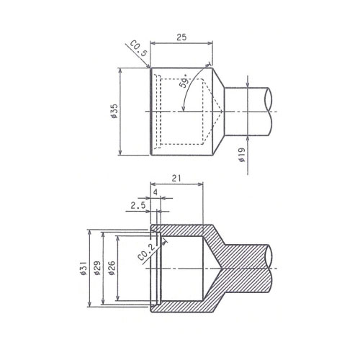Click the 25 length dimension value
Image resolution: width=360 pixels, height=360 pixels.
coord(181,37)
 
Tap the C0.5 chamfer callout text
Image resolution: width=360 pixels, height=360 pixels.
coord(138,48)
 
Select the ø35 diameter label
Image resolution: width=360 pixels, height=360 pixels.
coord(114,111)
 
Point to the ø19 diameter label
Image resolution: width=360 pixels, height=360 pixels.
coord(242,155)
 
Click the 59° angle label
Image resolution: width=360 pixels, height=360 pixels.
coord(185,81)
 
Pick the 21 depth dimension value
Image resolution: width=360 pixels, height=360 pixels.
coord(176,179)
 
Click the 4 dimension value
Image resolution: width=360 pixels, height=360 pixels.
coord(156,192)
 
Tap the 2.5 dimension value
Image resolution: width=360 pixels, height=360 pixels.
coord(138,205)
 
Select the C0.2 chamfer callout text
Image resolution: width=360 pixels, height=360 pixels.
coord(147,253)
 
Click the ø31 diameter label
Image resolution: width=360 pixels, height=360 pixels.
coord(84,268)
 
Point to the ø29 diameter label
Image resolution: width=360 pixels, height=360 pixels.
coord(97,268)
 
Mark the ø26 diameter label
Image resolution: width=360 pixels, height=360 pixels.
coord(112,268)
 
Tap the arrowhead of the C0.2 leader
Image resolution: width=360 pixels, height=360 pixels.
coord(165,242)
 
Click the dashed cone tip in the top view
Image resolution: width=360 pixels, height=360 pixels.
coord(222,112)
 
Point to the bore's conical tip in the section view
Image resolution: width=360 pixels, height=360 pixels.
coord(221,268)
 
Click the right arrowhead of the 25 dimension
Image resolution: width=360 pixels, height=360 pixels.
coord(211,43)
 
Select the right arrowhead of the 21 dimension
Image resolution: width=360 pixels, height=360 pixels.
coord(201,184)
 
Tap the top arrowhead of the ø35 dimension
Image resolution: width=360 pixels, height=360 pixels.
coord(120,70)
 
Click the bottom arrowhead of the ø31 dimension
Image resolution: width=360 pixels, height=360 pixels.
coord(90,304)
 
